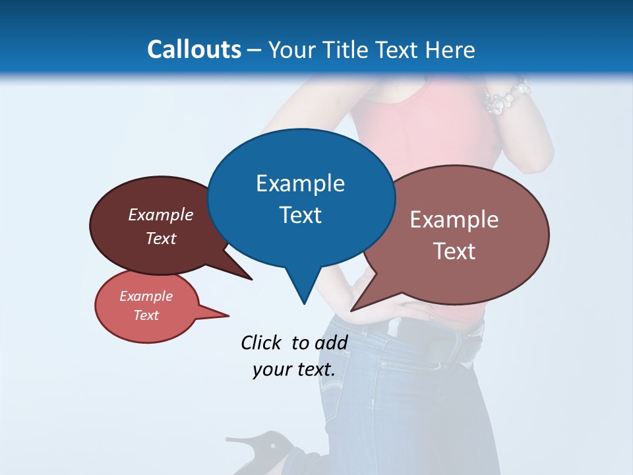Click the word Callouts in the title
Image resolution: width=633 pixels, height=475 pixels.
click(195, 49)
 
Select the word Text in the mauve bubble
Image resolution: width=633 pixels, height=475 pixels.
click(454, 251)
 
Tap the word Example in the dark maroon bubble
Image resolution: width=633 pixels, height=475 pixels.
click(161, 214)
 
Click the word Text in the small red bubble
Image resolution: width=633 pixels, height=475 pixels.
click(146, 315)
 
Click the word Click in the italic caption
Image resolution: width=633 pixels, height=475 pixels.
click(260, 342)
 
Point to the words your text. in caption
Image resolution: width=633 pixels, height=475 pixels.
click(293, 369)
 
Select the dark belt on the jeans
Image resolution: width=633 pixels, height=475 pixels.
click(462, 343)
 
